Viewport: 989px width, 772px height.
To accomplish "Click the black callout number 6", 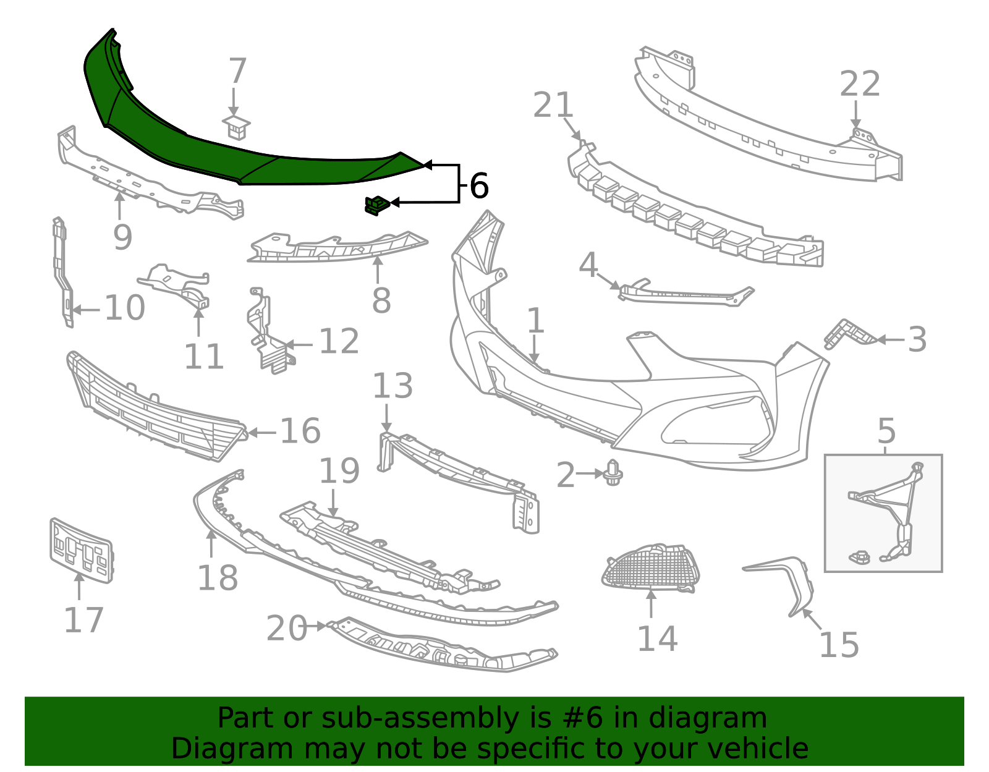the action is pos(479,185).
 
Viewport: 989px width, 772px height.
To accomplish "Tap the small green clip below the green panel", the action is pos(377,206).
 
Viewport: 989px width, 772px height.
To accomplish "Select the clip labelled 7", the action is pos(236,127).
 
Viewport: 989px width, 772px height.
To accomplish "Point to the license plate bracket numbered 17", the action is pos(81,551).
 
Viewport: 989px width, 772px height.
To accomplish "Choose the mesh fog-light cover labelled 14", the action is pos(651,567).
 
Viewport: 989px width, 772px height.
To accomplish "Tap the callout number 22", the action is pos(859,84).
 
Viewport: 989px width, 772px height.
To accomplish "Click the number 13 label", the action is pos(393,386).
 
